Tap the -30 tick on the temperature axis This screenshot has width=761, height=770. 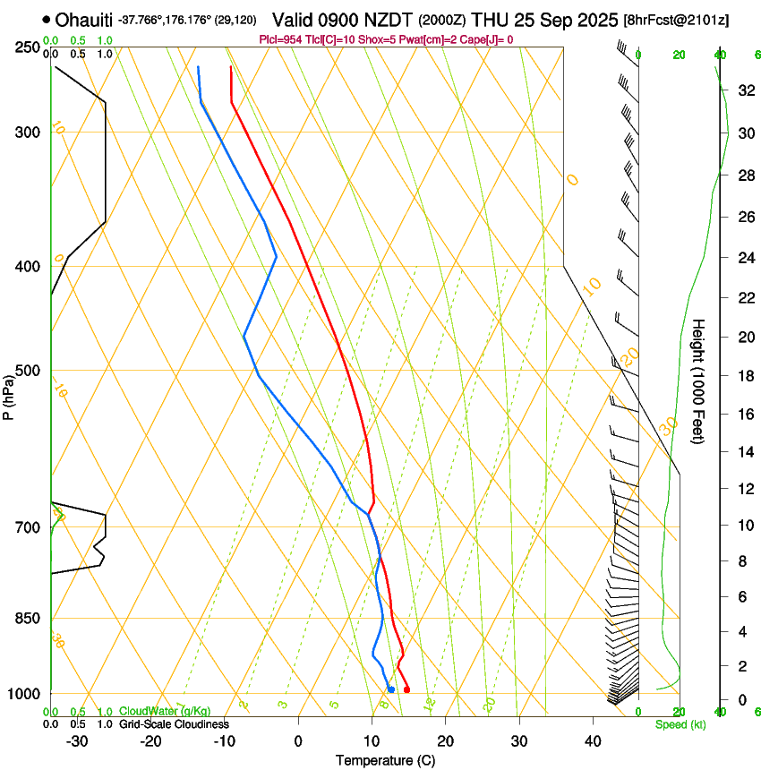(77, 741)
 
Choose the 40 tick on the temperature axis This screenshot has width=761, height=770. (593, 741)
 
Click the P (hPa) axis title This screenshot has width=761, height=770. (9, 395)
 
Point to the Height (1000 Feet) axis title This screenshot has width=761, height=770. (698, 381)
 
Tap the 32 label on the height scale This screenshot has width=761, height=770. (744, 90)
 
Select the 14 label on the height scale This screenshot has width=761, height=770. (744, 452)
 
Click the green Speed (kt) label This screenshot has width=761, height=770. (680, 724)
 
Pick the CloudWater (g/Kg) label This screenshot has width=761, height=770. (165, 711)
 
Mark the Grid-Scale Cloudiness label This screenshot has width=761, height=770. (174, 724)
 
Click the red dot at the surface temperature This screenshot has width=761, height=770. (406, 689)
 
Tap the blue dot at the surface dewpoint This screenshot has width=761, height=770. (391, 689)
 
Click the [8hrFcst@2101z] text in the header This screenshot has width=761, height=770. (675, 20)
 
